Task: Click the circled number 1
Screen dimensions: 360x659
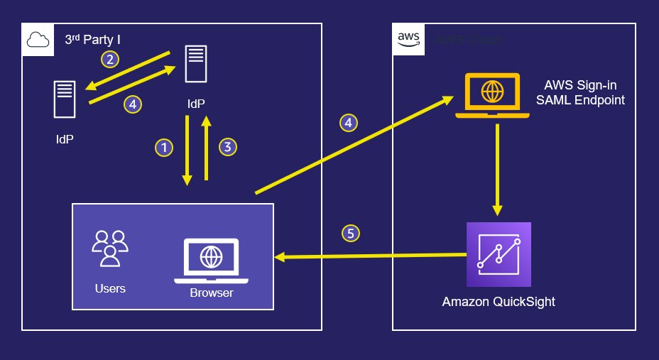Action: pos(164,147)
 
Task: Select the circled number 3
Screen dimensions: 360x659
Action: pos(227,147)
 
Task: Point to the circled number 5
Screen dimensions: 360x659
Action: pos(350,232)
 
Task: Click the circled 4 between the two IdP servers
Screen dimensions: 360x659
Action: pos(132,104)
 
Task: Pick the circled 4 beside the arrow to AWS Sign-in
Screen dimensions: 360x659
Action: pos(347,123)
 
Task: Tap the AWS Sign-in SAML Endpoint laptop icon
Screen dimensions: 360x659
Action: pos(491,94)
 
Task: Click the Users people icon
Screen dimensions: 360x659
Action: pos(110,249)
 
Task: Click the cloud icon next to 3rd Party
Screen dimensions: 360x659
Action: pos(37,40)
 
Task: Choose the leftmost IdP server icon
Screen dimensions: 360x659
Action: pos(65,99)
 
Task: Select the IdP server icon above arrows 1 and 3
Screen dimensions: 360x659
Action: pos(196,64)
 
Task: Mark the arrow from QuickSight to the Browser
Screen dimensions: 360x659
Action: pos(369,256)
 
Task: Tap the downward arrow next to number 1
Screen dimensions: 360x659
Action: pos(187,151)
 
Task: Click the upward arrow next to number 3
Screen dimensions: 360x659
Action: pos(207,149)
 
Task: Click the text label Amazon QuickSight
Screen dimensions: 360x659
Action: pos(499,302)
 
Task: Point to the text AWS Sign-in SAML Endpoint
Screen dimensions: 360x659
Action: pos(584,93)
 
